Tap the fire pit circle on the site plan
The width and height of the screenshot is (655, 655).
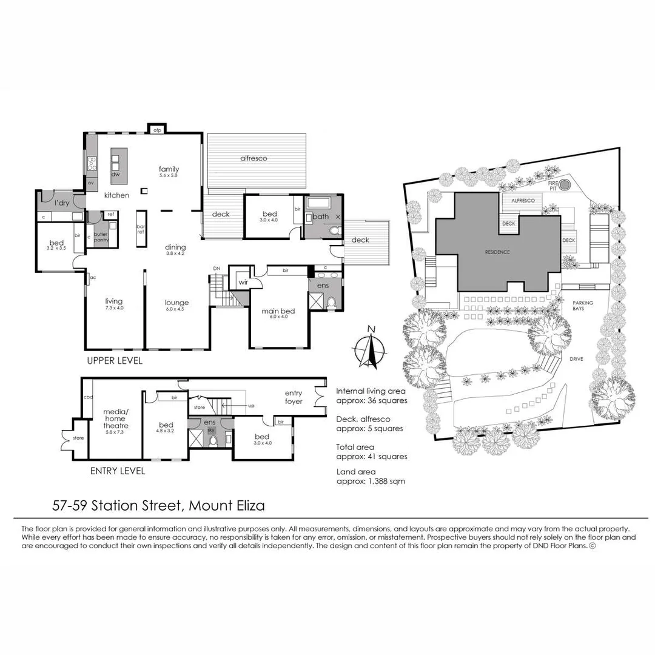pyautogui.click(x=565, y=184)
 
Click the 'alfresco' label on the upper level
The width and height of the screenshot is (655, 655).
pyautogui.click(x=254, y=158)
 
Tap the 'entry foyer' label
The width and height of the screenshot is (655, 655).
pyautogui.click(x=293, y=397)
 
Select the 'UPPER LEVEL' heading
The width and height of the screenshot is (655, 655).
pyautogui.click(x=114, y=361)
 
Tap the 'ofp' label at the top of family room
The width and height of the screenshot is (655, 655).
pyautogui.click(x=156, y=130)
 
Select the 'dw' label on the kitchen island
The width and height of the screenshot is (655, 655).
pyautogui.click(x=115, y=175)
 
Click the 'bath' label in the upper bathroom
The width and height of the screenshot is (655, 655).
pyautogui.click(x=321, y=216)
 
